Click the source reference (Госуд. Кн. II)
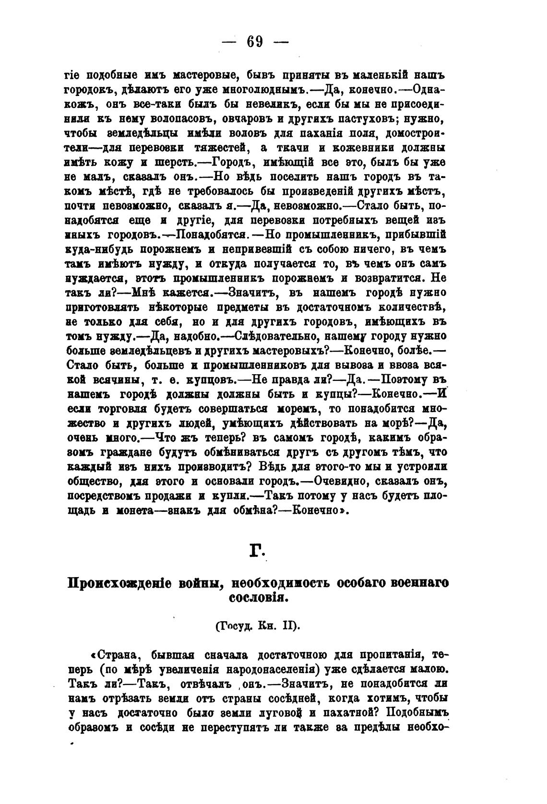pyautogui.click(x=257, y=626)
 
